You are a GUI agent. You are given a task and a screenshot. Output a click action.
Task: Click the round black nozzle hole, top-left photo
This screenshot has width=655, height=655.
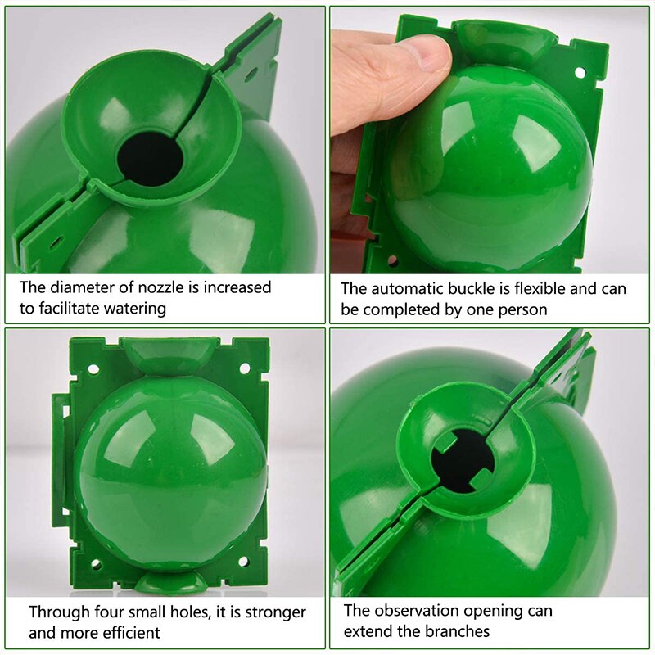(149, 157)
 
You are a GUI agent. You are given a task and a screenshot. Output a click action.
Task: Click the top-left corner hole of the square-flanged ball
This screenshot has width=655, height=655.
(93, 368)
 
